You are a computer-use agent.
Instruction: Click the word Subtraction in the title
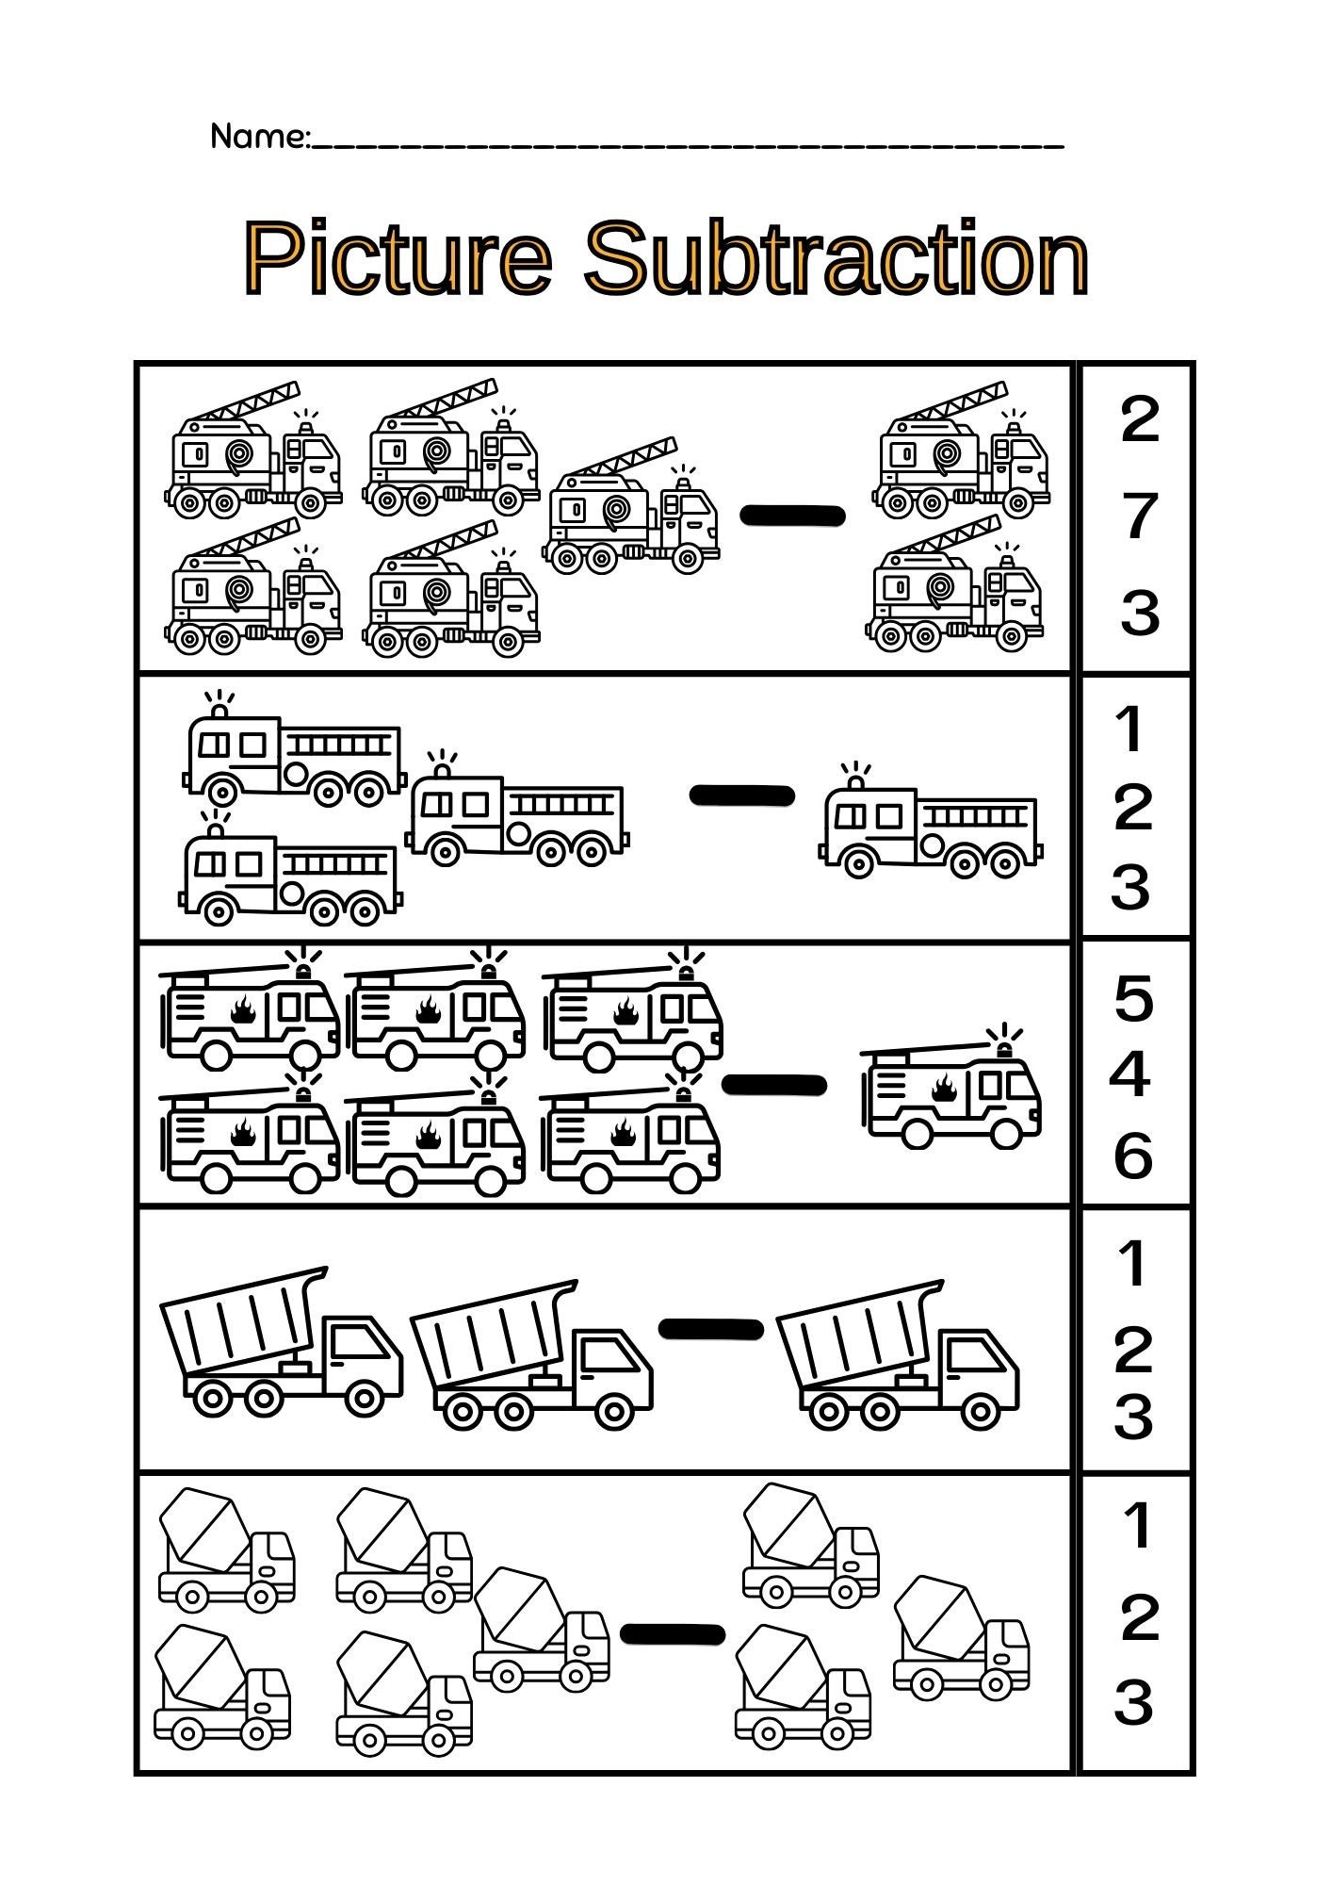[x=837, y=257]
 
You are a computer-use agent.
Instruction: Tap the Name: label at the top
[x=259, y=137]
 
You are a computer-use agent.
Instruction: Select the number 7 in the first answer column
[x=1139, y=516]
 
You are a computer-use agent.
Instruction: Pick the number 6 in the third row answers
[x=1132, y=1156]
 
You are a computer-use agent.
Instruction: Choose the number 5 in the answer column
[x=1133, y=999]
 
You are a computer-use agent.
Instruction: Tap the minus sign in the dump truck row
[x=710, y=1329]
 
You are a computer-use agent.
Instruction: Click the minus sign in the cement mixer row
[x=673, y=1634]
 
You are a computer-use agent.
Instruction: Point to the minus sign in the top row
[x=792, y=516]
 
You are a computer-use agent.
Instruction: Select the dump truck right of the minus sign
[x=897, y=1357]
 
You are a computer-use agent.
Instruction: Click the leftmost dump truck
[x=281, y=1343]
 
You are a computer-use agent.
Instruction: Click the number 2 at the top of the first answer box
[x=1139, y=420]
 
